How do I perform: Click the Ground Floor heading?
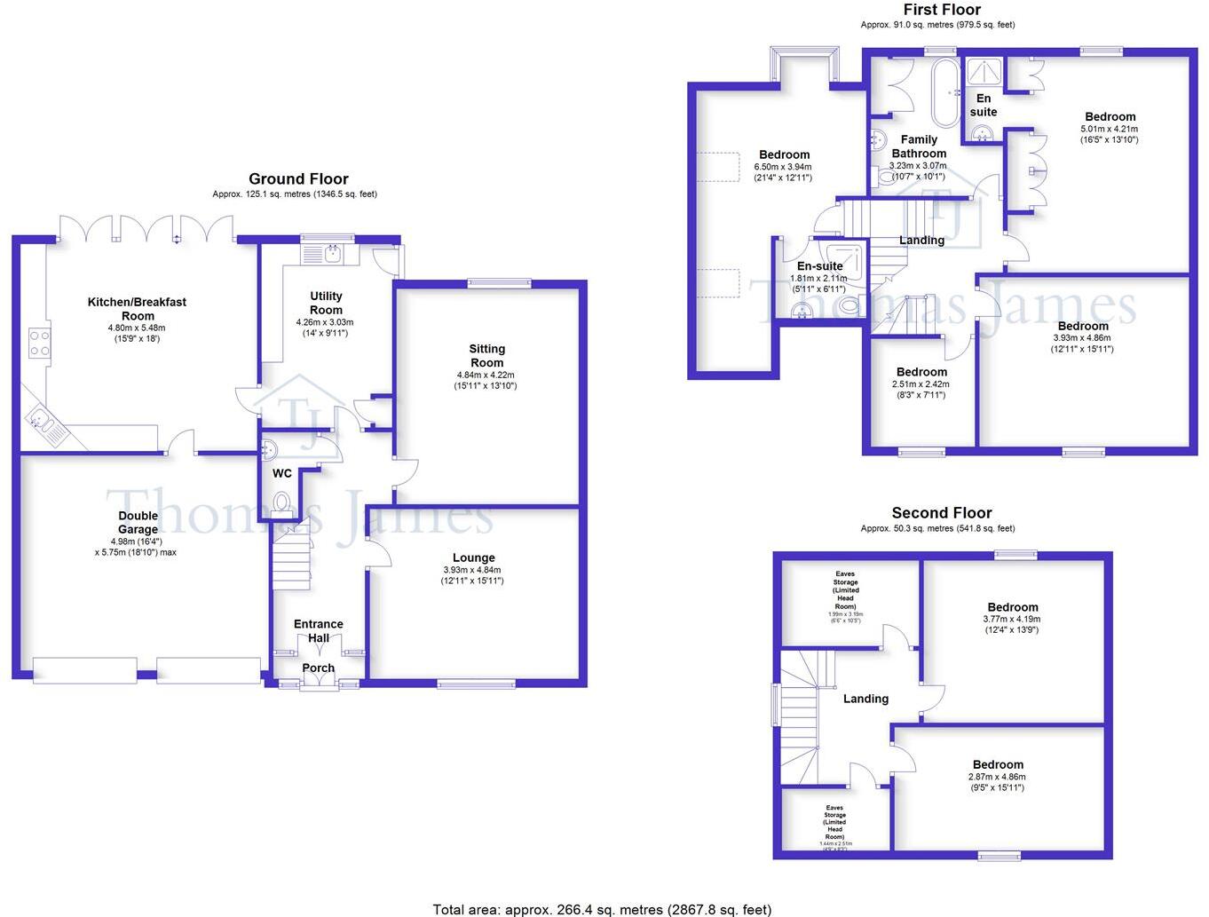point(298,179)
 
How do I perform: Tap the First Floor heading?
point(942,10)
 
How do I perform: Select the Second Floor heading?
point(942,513)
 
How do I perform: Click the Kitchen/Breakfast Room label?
point(137,309)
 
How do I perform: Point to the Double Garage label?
point(138,523)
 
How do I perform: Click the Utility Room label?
point(326,303)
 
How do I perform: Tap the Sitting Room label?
point(486,355)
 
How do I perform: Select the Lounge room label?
point(473,558)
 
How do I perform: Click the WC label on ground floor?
point(282,474)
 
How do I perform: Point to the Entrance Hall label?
point(318,631)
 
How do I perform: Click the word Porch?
point(318,668)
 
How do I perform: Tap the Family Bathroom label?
point(919,146)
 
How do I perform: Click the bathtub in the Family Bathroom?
point(944,93)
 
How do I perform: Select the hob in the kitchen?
point(40,342)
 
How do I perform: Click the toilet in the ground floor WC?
point(282,503)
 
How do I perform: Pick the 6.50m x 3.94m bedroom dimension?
point(783,167)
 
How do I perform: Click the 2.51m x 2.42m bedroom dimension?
point(921,384)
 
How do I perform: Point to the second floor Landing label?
point(865,700)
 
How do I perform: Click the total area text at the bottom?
point(602,909)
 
